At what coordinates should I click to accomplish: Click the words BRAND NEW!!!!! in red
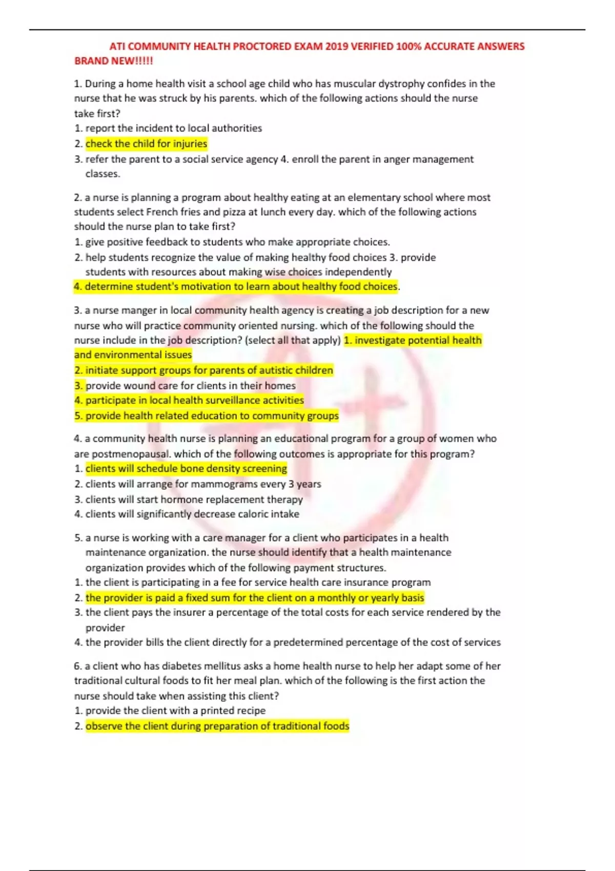click(x=114, y=61)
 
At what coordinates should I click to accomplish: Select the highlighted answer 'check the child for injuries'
click(x=146, y=143)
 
